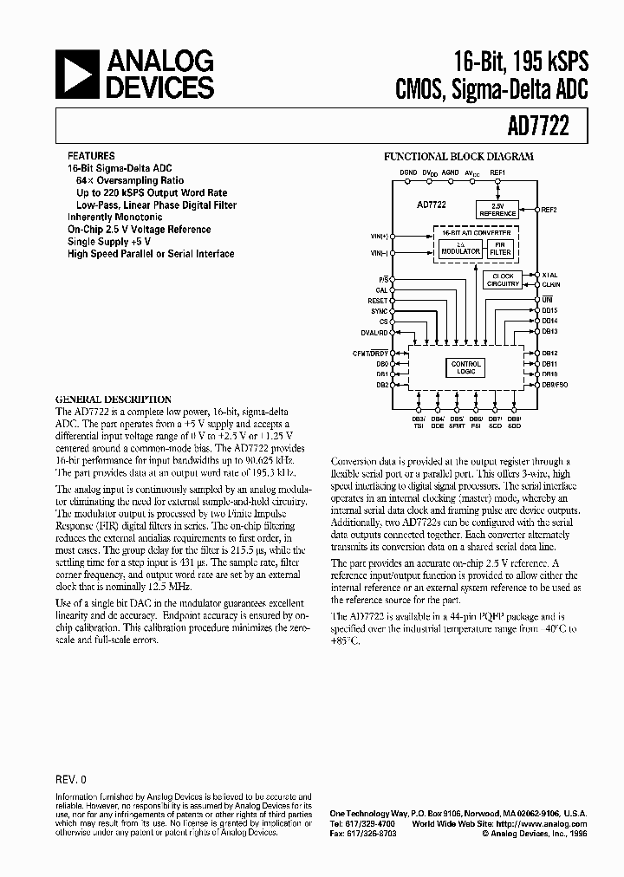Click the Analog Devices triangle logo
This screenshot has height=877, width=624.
tap(75, 74)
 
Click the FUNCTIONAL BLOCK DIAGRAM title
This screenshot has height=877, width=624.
tap(458, 157)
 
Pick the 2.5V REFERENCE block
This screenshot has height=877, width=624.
tap(497, 210)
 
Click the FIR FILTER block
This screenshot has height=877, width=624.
tap(503, 248)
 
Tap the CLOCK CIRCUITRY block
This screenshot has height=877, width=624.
tap(503, 280)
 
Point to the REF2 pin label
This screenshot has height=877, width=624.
tap(549, 210)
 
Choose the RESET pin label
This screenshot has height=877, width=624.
tap(378, 301)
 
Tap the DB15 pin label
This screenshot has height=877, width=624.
tap(549, 309)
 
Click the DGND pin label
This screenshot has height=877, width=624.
tap(407, 173)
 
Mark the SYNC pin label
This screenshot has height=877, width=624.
tap(380, 310)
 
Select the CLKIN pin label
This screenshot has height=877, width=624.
tap(550, 284)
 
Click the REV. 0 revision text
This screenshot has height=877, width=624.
tap(71, 778)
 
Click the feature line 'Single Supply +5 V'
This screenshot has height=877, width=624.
tap(110, 242)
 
